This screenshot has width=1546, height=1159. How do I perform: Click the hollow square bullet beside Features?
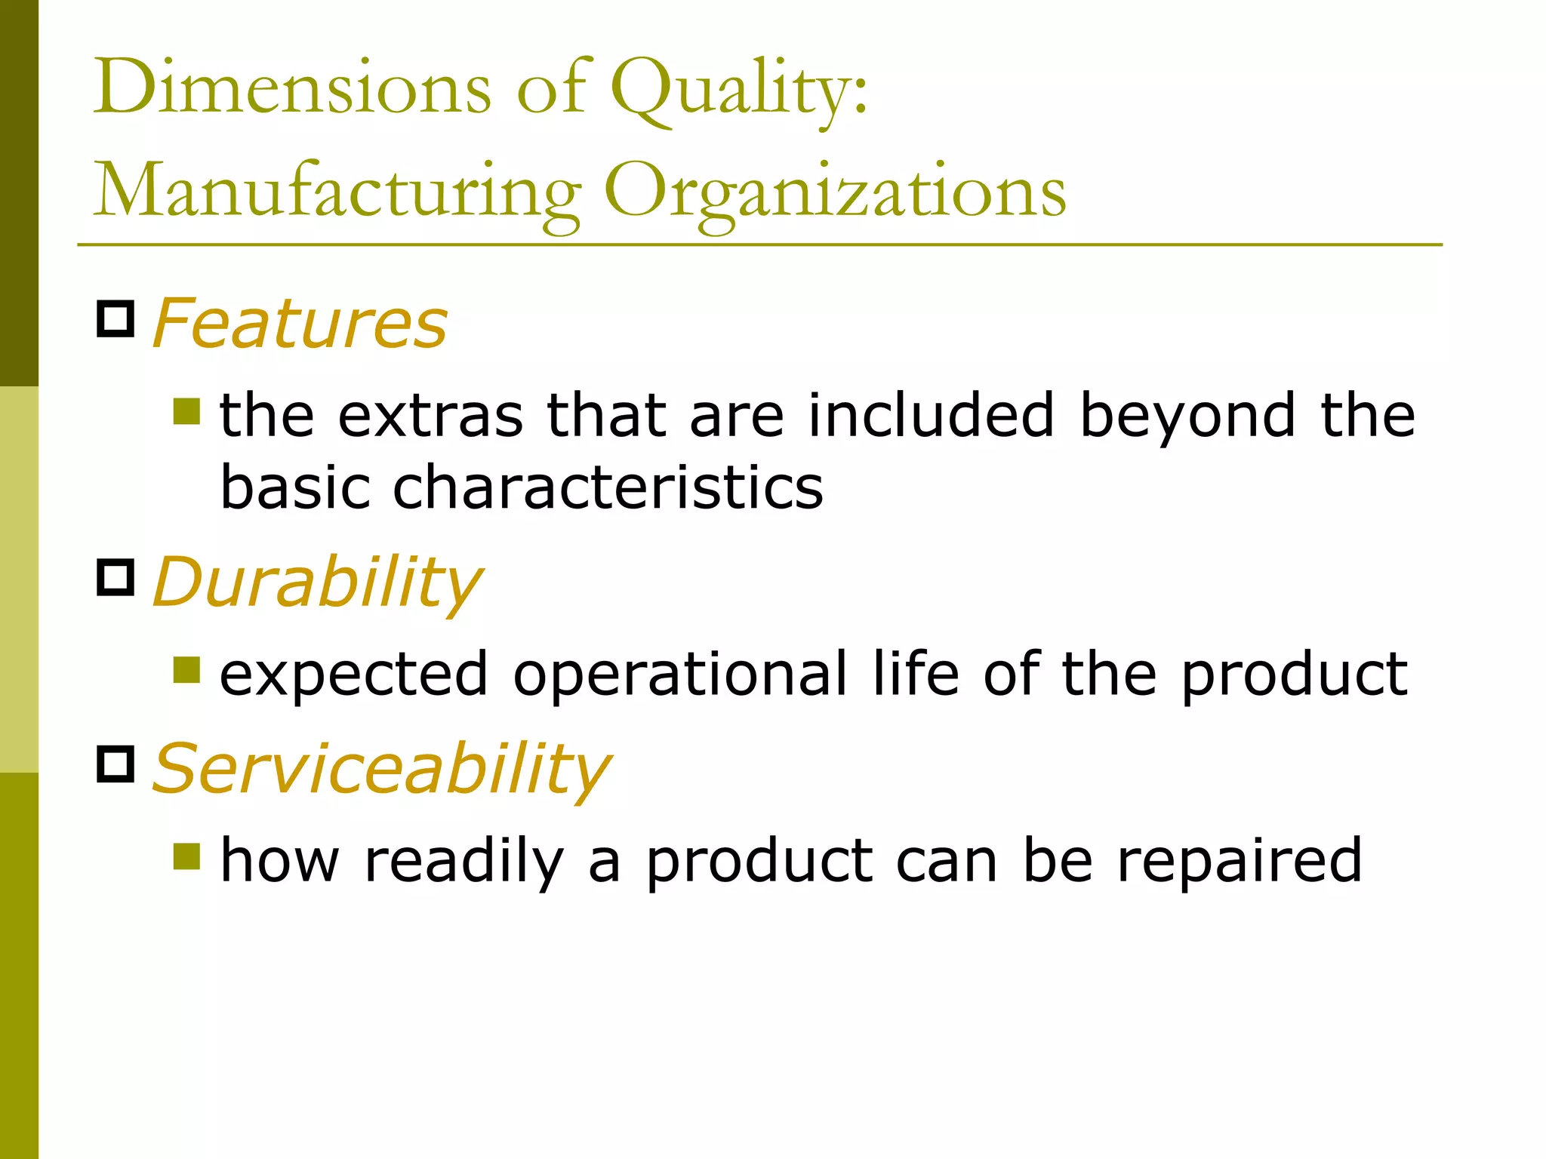tap(115, 318)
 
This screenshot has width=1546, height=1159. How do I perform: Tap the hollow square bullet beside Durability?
tap(115, 577)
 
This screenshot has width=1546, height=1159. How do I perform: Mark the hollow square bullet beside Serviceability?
tap(115, 764)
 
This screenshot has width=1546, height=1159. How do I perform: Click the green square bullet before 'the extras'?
tap(186, 411)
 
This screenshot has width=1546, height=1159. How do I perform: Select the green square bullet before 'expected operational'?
tap(186, 669)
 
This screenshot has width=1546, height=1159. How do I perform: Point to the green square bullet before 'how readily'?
tap(186, 856)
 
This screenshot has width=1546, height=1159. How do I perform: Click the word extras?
tap(430, 416)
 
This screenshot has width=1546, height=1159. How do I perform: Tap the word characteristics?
tap(608, 487)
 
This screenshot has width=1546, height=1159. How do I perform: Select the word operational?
tap(680, 673)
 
